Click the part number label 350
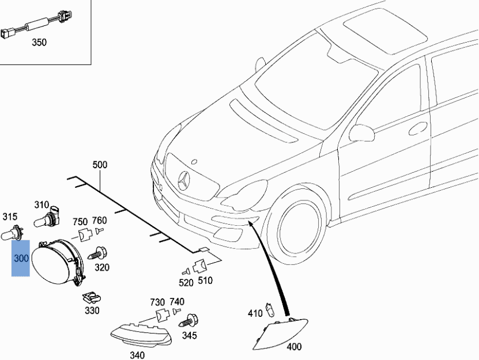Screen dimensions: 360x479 click(39, 43)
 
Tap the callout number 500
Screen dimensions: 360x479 click(100, 165)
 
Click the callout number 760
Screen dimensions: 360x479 click(99, 220)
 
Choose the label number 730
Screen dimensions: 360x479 click(157, 302)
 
